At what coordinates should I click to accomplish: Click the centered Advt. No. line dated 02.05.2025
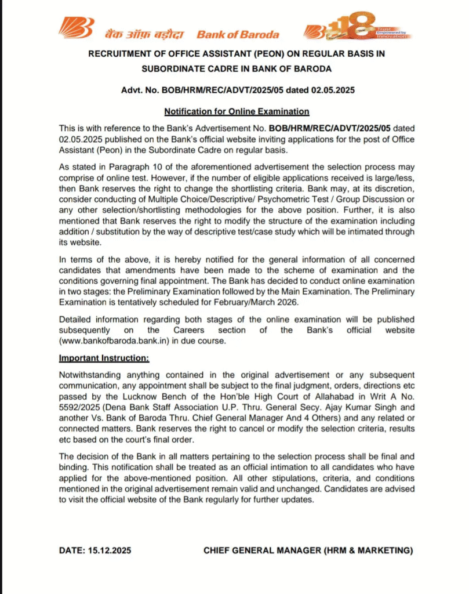pos(237,90)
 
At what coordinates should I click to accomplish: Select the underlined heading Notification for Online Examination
pos(237,111)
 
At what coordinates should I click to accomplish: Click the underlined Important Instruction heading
pos(104,358)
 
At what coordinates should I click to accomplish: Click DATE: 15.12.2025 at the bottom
pos(95,550)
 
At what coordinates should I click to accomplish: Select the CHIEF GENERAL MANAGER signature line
pos(308,550)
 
